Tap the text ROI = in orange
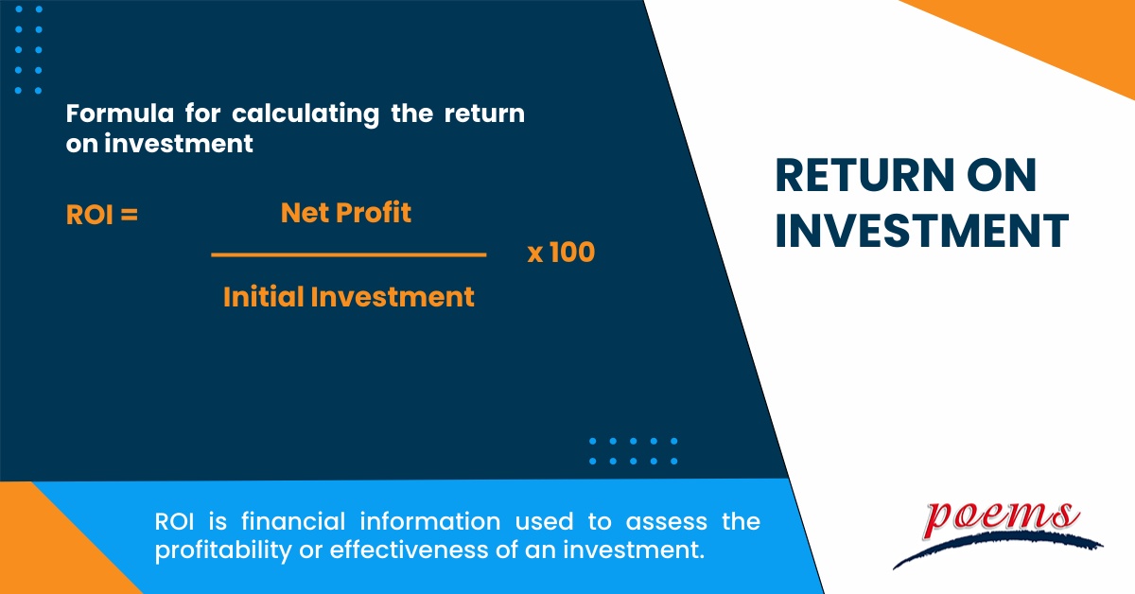pos(102,216)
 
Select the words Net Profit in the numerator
pos(346,213)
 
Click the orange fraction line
pos(348,254)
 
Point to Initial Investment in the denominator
pos(348,297)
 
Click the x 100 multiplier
pos(561,253)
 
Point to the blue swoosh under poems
pos(993,546)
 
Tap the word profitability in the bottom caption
pos(218,550)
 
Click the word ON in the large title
pos(1004,177)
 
